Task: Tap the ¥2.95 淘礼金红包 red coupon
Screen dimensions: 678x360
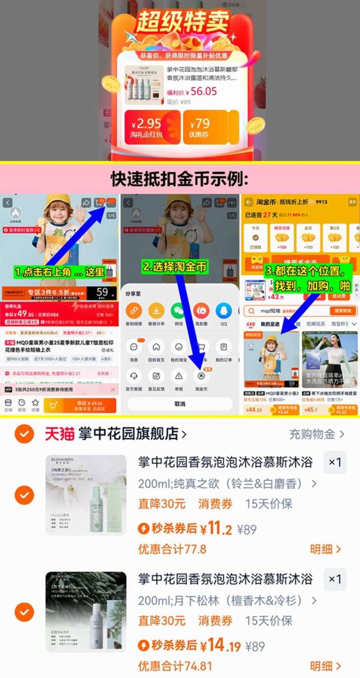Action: [x=152, y=127]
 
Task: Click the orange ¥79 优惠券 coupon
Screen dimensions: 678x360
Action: [x=211, y=127]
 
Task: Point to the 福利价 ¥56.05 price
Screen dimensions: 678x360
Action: [x=192, y=92]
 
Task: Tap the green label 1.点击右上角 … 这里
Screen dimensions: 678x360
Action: [x=60, y=272]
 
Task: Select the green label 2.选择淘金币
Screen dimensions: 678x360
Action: [x=175, y=267]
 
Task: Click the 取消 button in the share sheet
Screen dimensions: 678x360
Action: [x=180, y=404]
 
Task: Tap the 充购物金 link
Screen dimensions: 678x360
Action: [x=316, y=434]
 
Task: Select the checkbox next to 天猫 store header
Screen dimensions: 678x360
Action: [x=24, y=434]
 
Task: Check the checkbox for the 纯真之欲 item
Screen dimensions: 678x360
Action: [x=24, y=495]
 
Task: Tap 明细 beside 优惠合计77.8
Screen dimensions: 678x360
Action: [x=325, y=549]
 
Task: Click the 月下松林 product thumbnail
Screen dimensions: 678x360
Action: [x=86, y=612]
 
